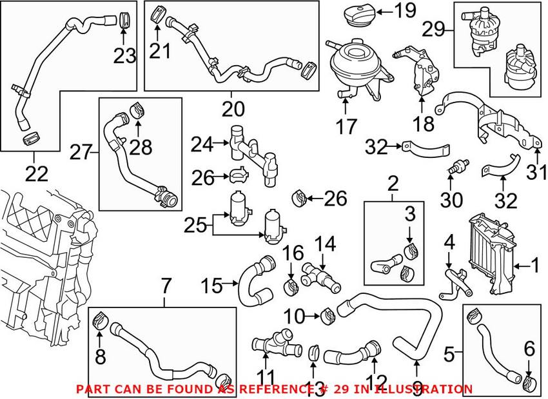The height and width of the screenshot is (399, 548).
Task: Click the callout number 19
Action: [x=406, y=10]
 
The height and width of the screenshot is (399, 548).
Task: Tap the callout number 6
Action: [x=529, y=349]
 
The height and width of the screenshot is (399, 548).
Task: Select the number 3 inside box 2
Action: [x=409, y=214]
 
